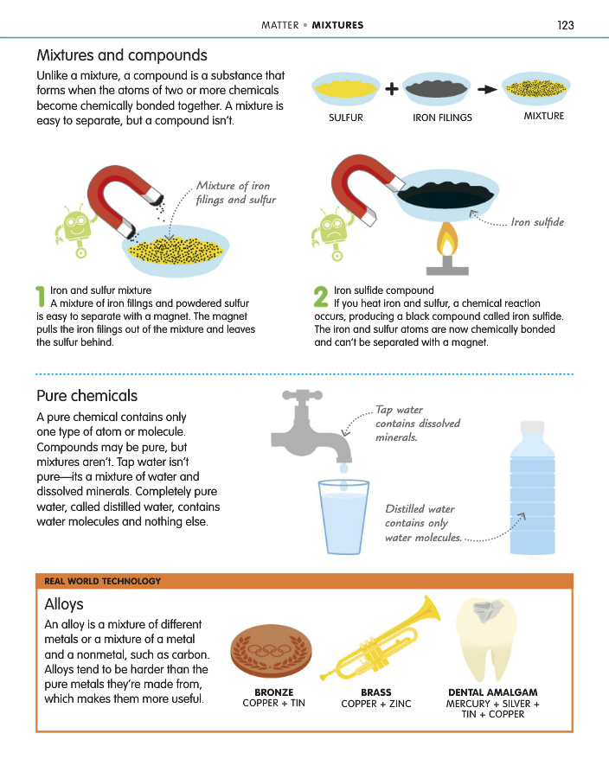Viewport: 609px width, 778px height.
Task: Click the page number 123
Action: click(x=566, y=25)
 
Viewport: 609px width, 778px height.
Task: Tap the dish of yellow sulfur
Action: click(x=346, y=89)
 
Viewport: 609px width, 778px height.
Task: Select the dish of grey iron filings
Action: click(x=436, y=89)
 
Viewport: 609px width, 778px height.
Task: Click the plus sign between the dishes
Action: click(x=392, y=89)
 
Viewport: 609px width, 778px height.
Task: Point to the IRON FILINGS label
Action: click(x=442, y=118)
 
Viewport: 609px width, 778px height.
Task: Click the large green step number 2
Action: click(x=321, y=297)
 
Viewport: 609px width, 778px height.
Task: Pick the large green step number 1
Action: click(x=40, y=297)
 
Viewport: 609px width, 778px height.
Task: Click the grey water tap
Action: click(x=311, y=427)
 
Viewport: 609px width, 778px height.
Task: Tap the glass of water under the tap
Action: click(x=343, y=517)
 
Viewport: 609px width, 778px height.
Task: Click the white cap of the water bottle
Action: click(x=533, y=427)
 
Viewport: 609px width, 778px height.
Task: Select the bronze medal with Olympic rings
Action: click(x=271, y=650)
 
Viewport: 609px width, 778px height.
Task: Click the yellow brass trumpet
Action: click(x=381, y=639)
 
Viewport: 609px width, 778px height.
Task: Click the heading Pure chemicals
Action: click(x=87, y=396)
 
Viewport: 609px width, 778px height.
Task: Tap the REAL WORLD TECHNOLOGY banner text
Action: click(x=103, y=581)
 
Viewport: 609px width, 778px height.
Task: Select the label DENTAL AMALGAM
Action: click(x=493, y=692)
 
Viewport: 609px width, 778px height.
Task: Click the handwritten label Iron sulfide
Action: click(x=537, y=222)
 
